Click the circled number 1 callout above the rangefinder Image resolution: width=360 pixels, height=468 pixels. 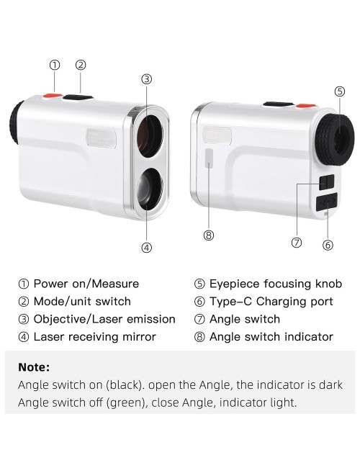click(x=55, y=65)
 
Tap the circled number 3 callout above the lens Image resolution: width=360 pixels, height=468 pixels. click(x=147, y=79)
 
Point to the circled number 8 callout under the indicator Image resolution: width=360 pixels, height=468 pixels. click(x=209, y=235)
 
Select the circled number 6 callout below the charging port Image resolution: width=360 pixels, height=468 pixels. click(x=328, y=245)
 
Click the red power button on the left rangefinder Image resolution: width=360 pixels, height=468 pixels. click(x=53, y=96)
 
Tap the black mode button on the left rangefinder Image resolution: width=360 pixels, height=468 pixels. click(x=78, y=97)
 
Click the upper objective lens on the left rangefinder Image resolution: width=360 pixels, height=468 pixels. click(x=150, y=135)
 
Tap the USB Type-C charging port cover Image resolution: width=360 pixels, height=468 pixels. click(x=327, y=202)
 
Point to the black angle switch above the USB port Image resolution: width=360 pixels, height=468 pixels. click(x=327, y=182)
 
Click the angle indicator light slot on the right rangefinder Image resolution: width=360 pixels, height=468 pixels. click(x=210, y=158)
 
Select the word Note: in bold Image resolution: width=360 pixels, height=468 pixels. click(x=34, y=367)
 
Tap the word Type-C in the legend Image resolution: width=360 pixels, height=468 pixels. click(x=230, y=302)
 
